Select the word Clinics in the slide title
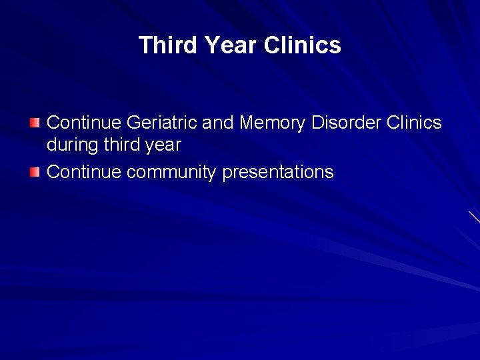[303, 45]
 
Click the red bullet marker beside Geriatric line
[35, 123]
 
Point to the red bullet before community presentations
[35, 173]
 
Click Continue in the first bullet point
[84, 123]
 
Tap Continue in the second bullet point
[84, 173]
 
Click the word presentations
[277, 173]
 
